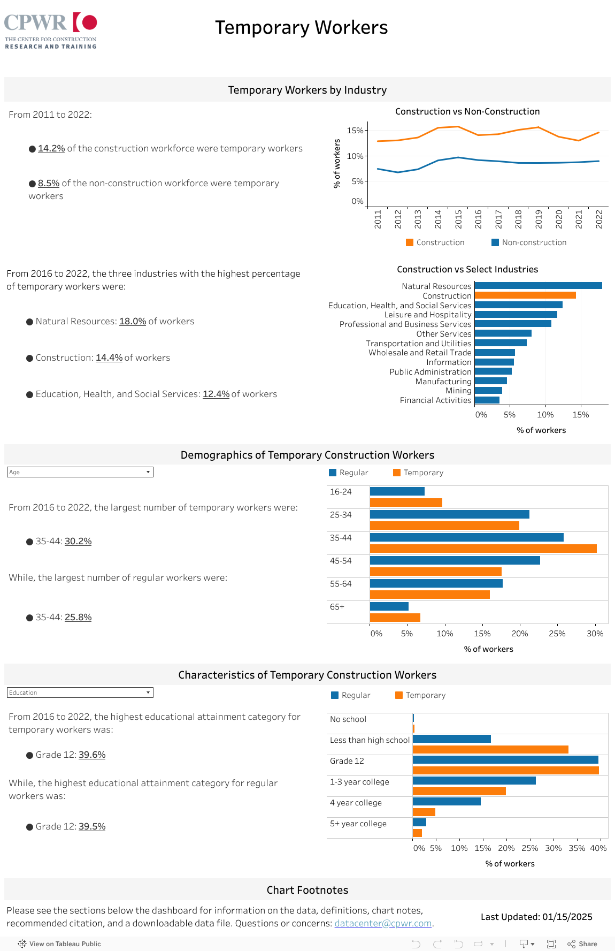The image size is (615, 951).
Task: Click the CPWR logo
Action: point(51,31)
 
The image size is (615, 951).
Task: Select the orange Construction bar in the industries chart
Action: point(525,295)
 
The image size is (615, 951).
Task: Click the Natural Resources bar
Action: point(538,286)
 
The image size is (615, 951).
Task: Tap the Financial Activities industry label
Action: point(435,400)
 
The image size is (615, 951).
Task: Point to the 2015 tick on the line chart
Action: point(458,219)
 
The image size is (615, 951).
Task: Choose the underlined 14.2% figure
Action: point(51,148)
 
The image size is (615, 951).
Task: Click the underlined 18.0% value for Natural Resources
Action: point(133,321)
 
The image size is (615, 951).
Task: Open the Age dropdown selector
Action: point(80,472)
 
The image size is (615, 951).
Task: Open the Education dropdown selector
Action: point(80,693)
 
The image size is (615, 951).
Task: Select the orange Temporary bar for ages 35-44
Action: point(483,549)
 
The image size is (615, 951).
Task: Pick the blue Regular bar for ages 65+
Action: point(389,606)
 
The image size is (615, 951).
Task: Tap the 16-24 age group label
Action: point(341,492)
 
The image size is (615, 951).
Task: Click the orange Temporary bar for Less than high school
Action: point(490,749)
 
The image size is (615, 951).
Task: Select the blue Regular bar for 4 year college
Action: point(447,801)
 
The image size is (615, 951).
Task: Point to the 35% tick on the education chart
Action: point(576,848)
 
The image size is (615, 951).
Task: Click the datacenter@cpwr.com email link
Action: point(383,923)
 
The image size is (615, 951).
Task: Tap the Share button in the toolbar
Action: point(582,944)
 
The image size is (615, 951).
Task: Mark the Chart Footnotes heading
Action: point(307,890)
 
